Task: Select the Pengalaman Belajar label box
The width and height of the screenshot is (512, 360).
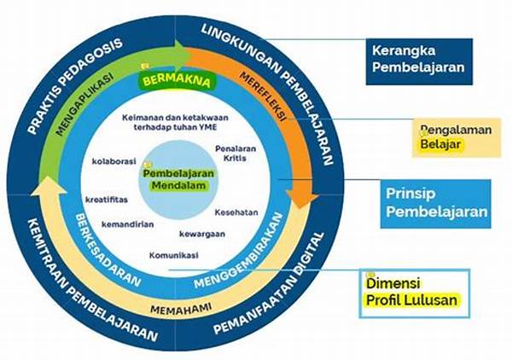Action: coord(453,137)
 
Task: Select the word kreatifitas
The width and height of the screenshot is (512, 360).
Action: coord(108,199)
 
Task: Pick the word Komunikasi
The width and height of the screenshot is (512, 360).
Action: coord(173,255)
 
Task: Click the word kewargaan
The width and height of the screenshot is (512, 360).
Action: coord(202,233)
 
